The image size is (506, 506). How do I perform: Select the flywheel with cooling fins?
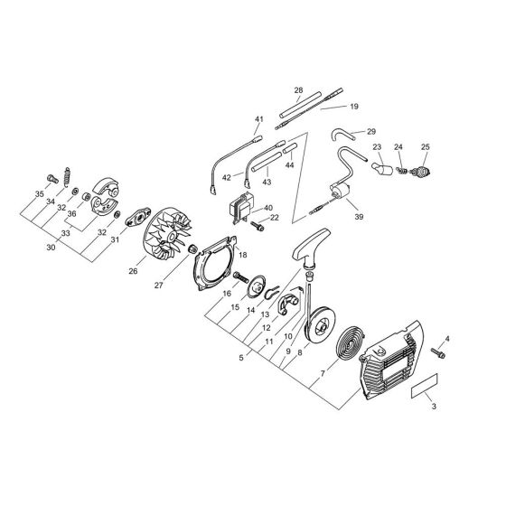pyautogui.click(x=167, y=235)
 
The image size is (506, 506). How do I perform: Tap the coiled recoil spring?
pyautogui.click(x=351, y=342)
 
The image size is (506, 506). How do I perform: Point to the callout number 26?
pyautogui.click(x=133, y=271)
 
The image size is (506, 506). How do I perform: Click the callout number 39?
pyautogui.click(x=359, y=217)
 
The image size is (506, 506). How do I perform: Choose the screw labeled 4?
pyautogui.click(x=438, y=352)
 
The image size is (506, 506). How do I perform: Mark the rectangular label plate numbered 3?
pyautogui.click(x=425, y=386)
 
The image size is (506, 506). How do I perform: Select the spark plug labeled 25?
pyautogui.click(x=420, y=172)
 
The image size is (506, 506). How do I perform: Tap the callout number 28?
pyautogui.click(x=298, y=90)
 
